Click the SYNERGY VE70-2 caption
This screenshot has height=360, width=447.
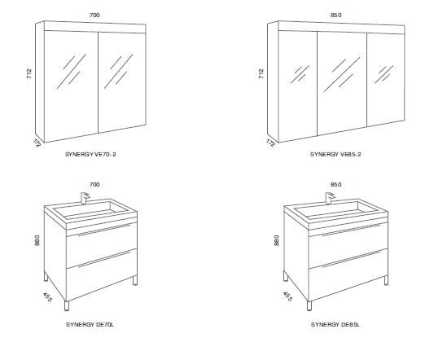[90, 154]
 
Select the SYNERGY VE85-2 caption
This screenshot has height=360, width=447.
[335, 154]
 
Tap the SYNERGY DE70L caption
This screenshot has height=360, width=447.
[90, 324]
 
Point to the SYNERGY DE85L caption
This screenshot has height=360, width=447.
[335, 324]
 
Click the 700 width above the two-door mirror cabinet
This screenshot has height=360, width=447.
[94, 15]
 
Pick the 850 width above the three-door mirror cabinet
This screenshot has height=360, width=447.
[335, 15]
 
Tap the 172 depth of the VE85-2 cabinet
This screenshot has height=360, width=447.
[270, 143]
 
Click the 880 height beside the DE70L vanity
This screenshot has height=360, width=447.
[37, 240]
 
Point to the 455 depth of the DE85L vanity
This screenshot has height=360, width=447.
[287, 296]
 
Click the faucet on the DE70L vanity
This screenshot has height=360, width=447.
[85, 198]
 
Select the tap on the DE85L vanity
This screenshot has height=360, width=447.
[330, 198]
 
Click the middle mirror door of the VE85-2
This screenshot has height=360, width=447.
[342, 83]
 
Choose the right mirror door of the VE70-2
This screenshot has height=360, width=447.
[122, 82]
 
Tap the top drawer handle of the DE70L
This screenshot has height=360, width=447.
[104, 230]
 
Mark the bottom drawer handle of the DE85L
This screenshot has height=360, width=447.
[352, 259]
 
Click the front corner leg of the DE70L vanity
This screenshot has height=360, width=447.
[67, 305]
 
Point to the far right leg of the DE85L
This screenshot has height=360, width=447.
[386, 280]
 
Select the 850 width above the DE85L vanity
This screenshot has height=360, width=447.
[335, 185]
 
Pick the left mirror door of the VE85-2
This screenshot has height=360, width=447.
[298, 86]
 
